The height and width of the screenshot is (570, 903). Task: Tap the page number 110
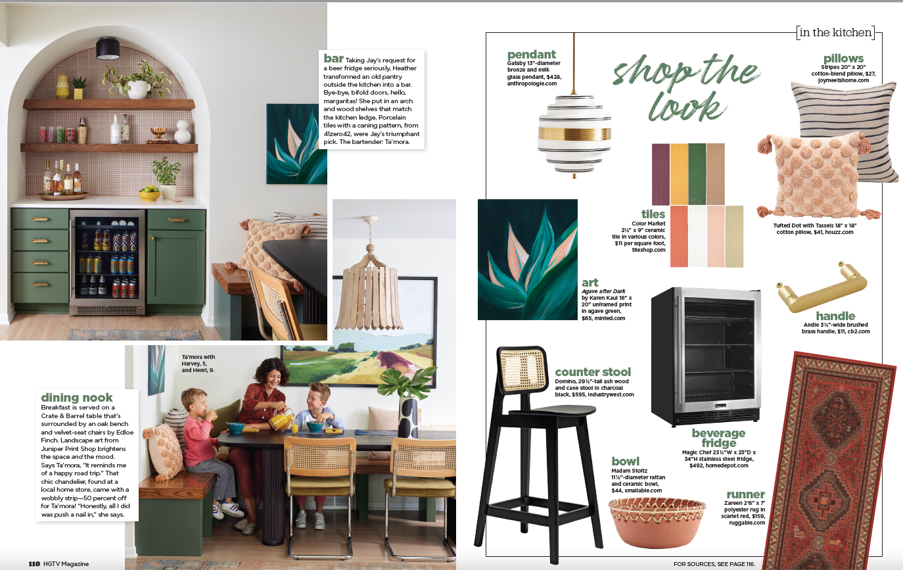tap(34, 563)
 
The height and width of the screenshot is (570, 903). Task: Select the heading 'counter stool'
tap(593, 371)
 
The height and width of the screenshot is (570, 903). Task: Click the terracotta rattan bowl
tap(657, 521)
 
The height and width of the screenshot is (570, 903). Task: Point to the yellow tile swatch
tap(679, 174)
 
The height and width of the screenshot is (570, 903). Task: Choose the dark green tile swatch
tap(697, 174)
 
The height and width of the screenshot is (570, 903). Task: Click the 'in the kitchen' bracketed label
tap(835, 32)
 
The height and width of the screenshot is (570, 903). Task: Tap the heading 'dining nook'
tap(77, 397)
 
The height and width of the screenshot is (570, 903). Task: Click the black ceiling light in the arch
tap(108, 49)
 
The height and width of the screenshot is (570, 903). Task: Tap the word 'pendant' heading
tap(531, 55)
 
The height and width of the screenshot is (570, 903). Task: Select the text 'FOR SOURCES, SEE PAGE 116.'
tap(714, 564)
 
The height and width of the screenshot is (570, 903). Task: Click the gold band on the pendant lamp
tap(574, 134)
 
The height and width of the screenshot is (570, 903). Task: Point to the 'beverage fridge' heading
tap(718, 438)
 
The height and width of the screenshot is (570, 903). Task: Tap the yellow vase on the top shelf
tap(62, 87)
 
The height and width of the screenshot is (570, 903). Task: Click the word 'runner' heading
tap(745, 494)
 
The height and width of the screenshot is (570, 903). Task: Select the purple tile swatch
tap(660, 174)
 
